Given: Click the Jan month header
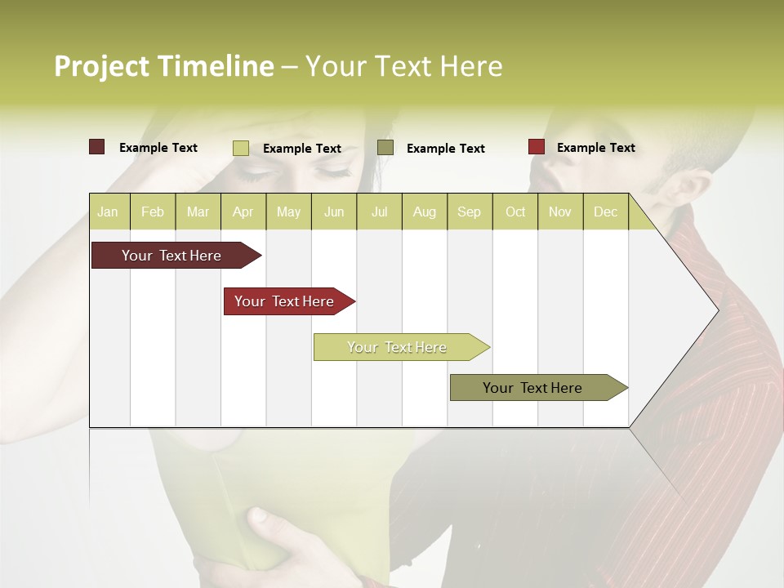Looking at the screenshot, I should tap(108, 212).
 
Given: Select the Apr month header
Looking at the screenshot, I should tap(243, 212).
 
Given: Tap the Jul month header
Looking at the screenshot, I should tap(379, 212).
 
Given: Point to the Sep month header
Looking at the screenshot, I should tap(469, 212).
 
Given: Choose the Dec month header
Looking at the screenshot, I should tap(605, 212).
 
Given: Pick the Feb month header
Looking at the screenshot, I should tap(153, 212).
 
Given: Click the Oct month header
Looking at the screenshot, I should tap(515, 212).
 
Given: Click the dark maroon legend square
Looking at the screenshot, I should tap(96, 147).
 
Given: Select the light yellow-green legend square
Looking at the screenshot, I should tap(241, 148).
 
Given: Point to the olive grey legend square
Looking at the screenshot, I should tap(385, 147).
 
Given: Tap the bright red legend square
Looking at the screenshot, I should tap(537, 147).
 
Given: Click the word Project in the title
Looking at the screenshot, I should tap(102, 66).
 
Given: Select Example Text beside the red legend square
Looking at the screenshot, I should tap(595, 148).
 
